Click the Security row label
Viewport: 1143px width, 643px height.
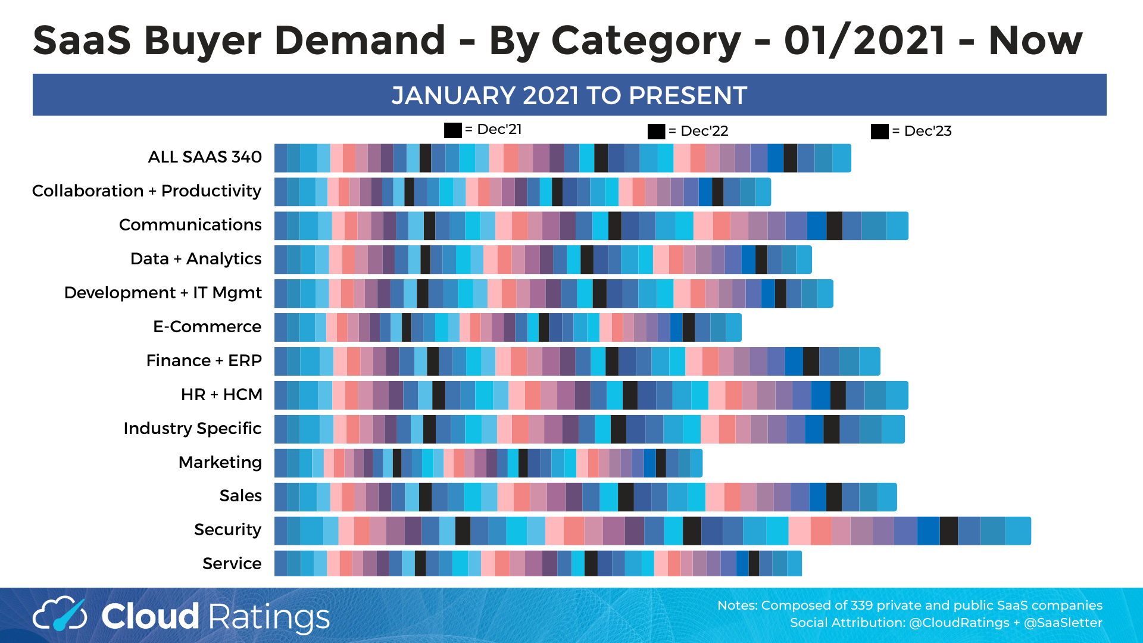point(227,530)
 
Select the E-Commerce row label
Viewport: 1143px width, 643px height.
point(207,327)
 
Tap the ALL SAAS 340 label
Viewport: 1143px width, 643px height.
point(204,157)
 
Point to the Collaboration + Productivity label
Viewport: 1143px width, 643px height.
point(146,191)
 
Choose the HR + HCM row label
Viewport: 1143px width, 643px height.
point(221,395)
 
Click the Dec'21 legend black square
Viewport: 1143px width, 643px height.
point(452,130)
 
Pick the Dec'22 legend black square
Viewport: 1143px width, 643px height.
point(656,132)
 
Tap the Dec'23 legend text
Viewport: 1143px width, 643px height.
point(927,131)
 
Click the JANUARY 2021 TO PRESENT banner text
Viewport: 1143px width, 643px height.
point(569,95)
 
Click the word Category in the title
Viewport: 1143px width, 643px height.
point(645,40)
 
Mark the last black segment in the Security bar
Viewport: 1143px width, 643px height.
point(948,531)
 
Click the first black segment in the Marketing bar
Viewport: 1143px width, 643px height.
point(397,463)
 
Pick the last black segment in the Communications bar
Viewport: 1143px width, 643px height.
point(834,226)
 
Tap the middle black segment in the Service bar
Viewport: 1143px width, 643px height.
point(591,564)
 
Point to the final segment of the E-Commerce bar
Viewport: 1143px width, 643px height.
point(733,327)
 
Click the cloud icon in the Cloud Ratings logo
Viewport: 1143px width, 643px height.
point(60,614)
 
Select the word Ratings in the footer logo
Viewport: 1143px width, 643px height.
point(269,617)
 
